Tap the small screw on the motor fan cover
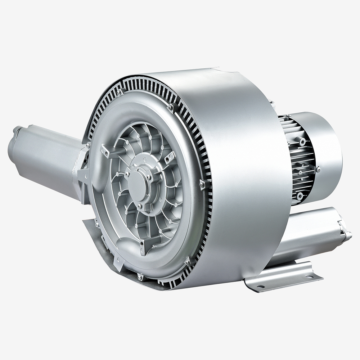[318, 168]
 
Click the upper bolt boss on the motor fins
[302, 141]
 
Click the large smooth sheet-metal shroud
[245, 162]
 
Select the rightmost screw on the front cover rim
[202, 185]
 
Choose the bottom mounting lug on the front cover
[143, 248]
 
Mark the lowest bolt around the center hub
[139, 206]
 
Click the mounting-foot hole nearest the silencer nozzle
[309, 276]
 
